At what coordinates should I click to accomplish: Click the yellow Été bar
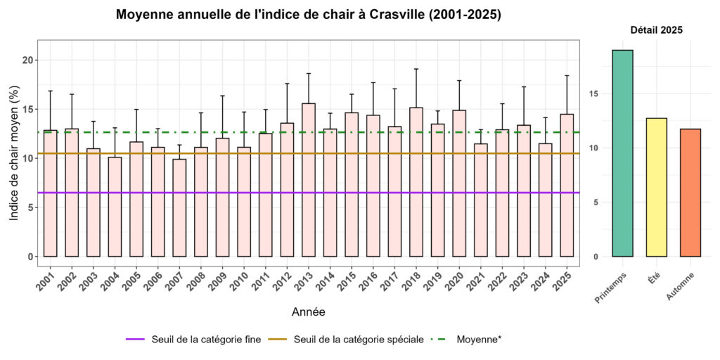(656, 187)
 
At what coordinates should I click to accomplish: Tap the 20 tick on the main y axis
(28, 60)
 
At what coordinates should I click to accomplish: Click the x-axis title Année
(308, 311)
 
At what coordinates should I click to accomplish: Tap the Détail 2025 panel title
(656, 30)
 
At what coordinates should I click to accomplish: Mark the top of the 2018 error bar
(416, 69)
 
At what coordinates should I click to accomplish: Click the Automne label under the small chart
(681, 288)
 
